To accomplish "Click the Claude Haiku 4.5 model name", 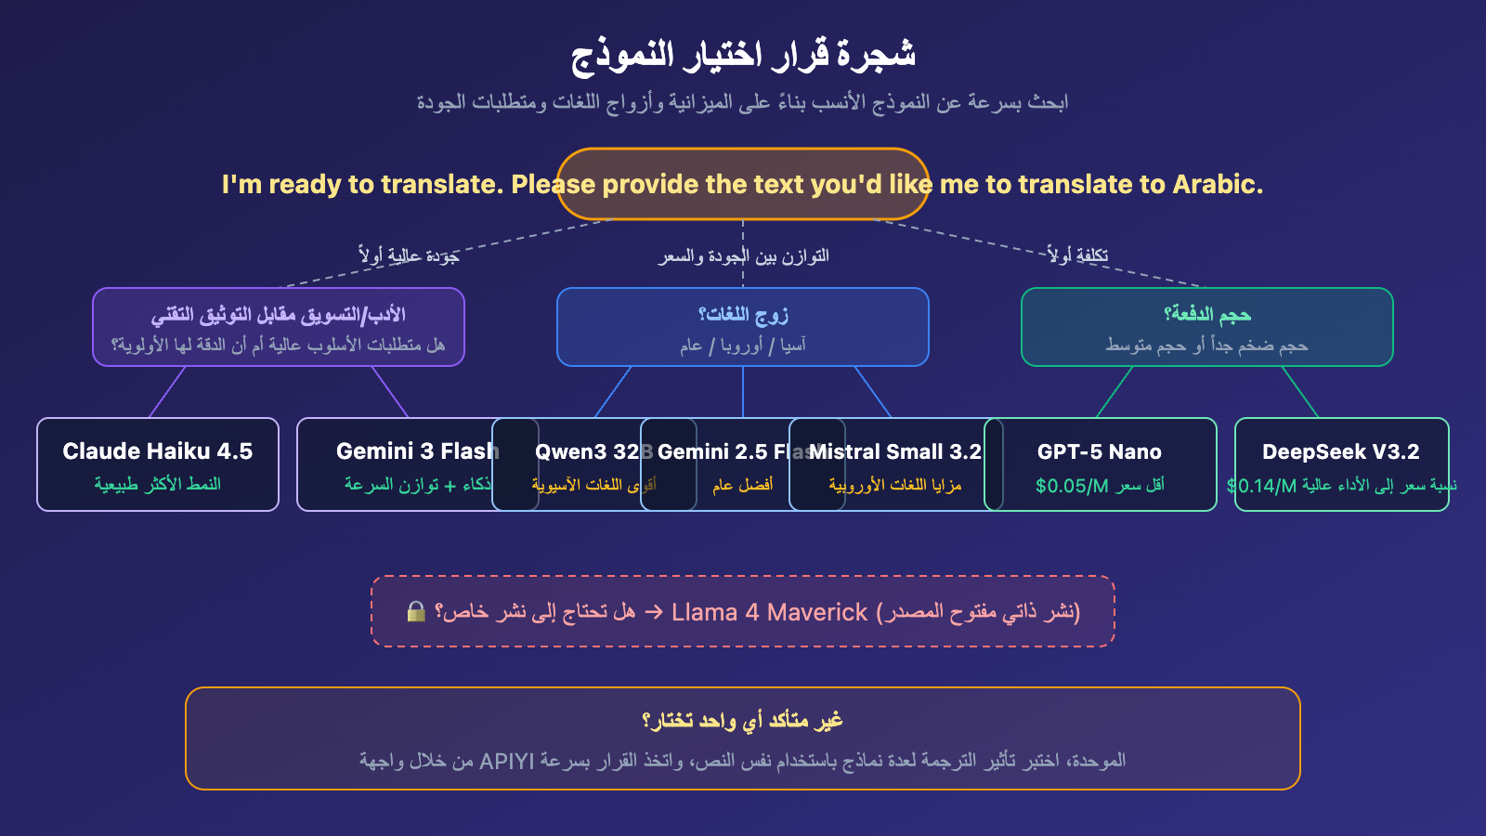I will [x=157, y=451].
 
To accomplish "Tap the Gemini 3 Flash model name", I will [x=417, y=451].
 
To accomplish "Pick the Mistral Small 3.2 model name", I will [x=895, y=452].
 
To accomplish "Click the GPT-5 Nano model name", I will [x=1100, y=452].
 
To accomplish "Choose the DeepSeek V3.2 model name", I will [x=1340, y=452].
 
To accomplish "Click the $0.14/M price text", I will [x=1261, y=486].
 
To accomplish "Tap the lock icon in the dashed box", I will [x=416, y=611].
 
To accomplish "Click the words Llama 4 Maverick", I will [x=769, y=613].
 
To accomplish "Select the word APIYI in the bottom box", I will [x=507, y=762].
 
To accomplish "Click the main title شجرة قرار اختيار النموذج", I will [x=743, y=54].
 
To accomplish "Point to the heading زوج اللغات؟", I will [x=743, y=315].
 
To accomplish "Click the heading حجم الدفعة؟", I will [x=1207, y=315].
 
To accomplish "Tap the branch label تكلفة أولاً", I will [x=1077, y=255].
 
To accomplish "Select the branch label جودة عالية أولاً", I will [x=409, y=255].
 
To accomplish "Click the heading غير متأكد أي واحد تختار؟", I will [x=743, y=721].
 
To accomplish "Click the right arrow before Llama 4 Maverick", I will [x=654, y=612].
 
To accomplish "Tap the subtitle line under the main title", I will [x=743, y=102].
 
